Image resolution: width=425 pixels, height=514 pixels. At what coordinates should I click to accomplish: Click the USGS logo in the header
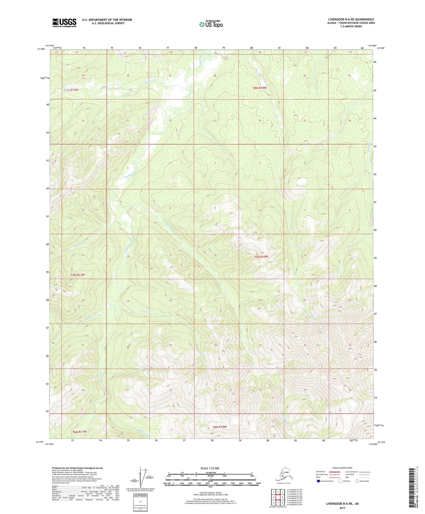tap(64, 23)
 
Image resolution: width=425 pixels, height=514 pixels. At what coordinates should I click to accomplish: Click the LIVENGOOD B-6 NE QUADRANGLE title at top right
tap(351, 19)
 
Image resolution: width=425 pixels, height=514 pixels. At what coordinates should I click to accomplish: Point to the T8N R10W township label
tap(260, 88)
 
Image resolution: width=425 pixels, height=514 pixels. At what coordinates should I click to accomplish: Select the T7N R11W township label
tap(78, 275)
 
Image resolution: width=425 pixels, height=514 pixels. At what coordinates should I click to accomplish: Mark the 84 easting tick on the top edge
tap(362, 48)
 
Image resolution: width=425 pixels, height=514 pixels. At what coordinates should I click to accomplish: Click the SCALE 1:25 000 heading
tap(210, 468)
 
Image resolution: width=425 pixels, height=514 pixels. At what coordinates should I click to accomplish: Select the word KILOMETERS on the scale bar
tap(210, 473)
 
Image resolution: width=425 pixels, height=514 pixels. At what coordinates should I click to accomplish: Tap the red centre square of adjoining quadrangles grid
tap(278, 498)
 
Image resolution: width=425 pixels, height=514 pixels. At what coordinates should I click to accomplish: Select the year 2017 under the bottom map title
tap(342, 508)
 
